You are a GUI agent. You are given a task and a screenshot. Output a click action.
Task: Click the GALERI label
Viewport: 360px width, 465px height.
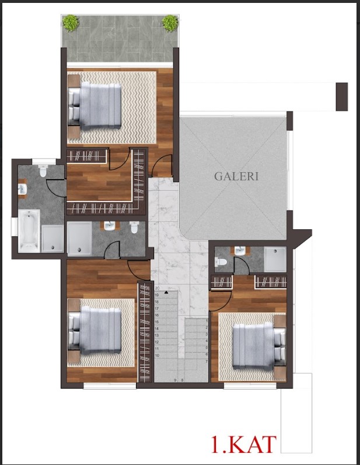(236, 176)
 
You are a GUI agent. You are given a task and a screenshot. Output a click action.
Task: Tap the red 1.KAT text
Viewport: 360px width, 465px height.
(243, 444)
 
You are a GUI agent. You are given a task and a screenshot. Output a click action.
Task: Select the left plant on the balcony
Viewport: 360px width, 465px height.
(71, 23)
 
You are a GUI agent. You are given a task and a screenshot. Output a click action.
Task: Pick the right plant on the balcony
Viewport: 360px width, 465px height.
(170, 23)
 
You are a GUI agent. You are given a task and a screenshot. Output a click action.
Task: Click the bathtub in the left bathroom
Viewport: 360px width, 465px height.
(29, 232)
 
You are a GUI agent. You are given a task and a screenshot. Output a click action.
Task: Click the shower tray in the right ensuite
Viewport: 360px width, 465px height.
(275, 259)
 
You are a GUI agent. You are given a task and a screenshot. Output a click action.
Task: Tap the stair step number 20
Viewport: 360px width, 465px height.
(157, 288)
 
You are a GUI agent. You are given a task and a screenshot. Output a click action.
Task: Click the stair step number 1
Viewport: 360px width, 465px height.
(207, 321)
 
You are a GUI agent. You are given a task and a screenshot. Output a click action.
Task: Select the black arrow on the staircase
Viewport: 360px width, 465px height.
(166, 291)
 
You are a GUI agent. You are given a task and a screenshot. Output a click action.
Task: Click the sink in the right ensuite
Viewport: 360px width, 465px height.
(240, 251)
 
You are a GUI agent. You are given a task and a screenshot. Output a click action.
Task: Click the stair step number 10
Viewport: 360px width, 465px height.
(157, 355)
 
